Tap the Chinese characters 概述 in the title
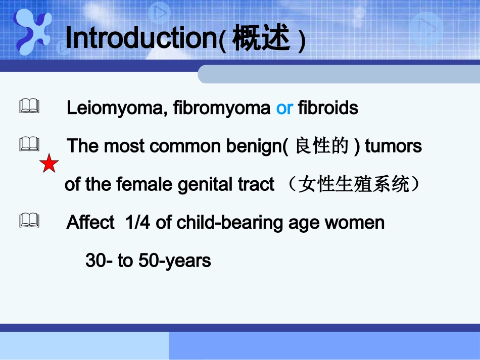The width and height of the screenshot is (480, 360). (x=261, y=39)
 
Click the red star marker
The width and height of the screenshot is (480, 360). (x=49, y=164)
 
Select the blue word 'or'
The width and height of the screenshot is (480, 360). (x=284, y=108)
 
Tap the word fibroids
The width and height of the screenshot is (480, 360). (x=328, y=108)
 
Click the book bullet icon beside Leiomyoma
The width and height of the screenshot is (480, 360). (x=29, y=106)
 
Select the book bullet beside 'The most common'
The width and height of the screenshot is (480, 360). (x=29, y=145)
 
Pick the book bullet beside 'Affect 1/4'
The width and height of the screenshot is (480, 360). (x=29, y=221)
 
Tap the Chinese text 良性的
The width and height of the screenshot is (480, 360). (x=321, y=146)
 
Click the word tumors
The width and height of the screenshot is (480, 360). (x=393, y=146)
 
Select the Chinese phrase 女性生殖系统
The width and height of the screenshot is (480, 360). (x=354, y=185)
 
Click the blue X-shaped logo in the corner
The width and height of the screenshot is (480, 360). (x=33, y=31)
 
